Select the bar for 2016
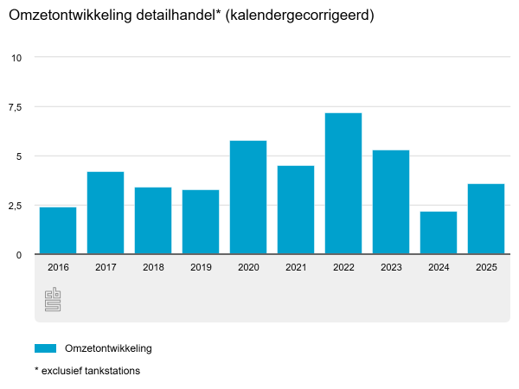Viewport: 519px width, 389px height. (58, 231)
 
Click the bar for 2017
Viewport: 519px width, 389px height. (106, 214)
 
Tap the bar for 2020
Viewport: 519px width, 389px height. (248, 198)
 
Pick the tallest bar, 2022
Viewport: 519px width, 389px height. (343, 184)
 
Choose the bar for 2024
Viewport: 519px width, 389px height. (439, 233)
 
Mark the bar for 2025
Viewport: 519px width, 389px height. (486, 220)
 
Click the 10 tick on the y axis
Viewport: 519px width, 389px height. (16, 58)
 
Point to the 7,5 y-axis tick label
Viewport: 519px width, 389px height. (15, 107)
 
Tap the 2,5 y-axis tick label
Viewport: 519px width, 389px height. (15, 206)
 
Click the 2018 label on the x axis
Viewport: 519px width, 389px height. (153, 268)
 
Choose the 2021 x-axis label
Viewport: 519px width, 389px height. (296, 268)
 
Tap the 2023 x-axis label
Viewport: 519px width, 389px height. (391, 268)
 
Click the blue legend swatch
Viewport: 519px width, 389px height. (45, 348)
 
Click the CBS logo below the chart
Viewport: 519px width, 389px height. (53, 300)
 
